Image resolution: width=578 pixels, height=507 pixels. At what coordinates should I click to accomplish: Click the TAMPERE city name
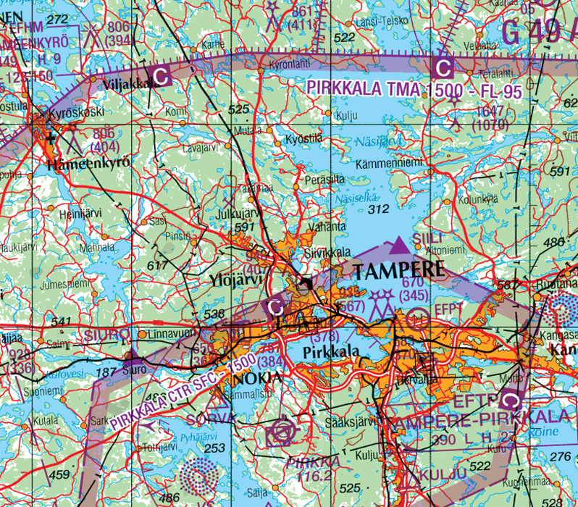click(x=398, y=271)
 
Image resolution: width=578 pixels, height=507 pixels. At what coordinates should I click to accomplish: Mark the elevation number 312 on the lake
click(x=378, y=209)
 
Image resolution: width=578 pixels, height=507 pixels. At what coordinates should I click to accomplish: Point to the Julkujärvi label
click(x=238, y=214)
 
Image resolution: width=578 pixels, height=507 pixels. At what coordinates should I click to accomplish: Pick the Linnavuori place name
click(x=170, y=334)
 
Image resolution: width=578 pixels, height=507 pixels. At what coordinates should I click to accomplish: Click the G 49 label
click(x=537, y=30)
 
